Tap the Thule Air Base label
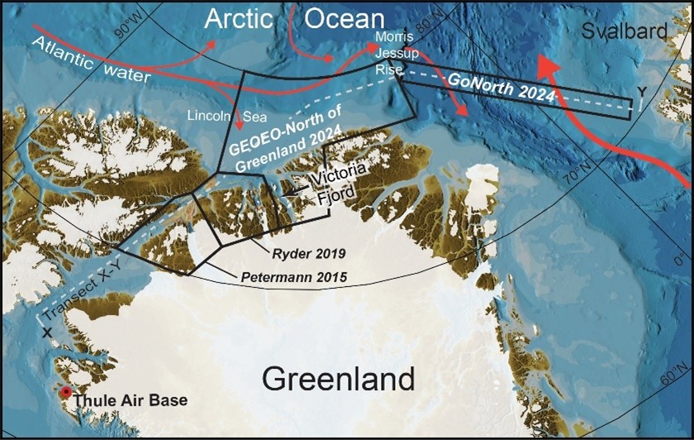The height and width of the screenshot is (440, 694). pyautogui.click(x=131, y=400)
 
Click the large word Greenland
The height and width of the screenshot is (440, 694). pyautogui.click(x=338, y=380)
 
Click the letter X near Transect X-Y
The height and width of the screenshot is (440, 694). pyautogui.click(x=47, y=332)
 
